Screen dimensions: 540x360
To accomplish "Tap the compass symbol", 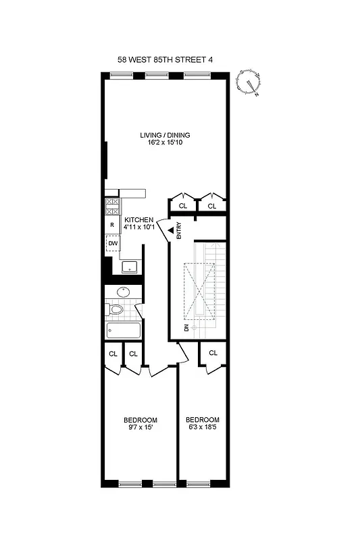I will click(251, 83).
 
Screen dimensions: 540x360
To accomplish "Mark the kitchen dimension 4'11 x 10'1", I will click(140, 227).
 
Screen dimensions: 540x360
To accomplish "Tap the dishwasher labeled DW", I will click(112, 244).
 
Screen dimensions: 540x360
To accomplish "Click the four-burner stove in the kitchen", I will click(112, 206).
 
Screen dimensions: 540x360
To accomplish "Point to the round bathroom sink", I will click(124, 292).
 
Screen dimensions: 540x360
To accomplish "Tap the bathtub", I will click(124, 331).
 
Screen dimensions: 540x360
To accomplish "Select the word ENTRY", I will click(179, 232).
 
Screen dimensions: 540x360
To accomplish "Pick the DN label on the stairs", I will click(186, 327).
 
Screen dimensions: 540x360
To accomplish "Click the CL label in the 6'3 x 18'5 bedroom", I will click(213, 353).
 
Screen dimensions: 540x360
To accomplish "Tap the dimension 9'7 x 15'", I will click(143, 427).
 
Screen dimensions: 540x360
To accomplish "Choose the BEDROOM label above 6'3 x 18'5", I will click(203, 419).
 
